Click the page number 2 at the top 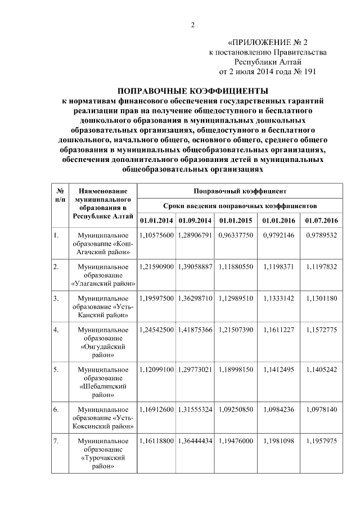(x=192, y=24)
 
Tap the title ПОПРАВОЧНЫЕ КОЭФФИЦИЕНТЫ (x=192, y=91)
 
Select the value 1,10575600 (x=157, y=235)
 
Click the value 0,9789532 (x=322, y=235)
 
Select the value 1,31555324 (x=195, y=410)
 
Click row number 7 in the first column (x=56, y=442)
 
